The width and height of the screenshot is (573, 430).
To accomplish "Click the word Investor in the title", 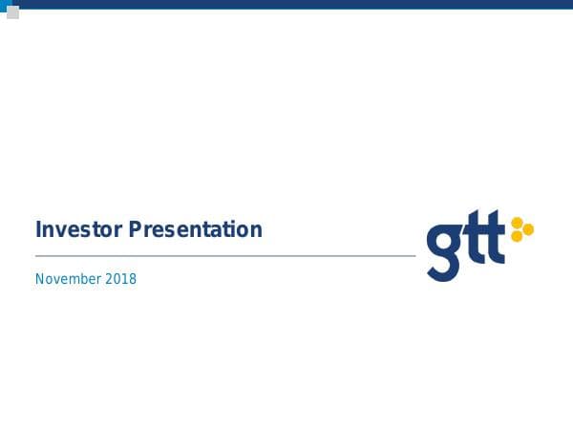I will (x=79, y=230).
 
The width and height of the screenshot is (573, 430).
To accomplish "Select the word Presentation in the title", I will (x=195, y=230).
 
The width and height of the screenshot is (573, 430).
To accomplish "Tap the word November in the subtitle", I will (x=68, y=279).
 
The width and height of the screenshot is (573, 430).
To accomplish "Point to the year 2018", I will (x=120, y=279).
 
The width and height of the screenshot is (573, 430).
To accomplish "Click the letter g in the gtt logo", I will (x=444, y=251).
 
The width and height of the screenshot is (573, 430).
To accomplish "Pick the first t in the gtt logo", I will (x=474, y=245).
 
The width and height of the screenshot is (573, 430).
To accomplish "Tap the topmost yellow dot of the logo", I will (x=517, y=223).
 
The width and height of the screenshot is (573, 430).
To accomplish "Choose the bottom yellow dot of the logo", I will (x=517, y=236).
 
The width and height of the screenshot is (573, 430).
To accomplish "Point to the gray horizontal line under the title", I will (x=225, y=256).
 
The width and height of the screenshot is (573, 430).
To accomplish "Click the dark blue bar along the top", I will (x=286, y=4).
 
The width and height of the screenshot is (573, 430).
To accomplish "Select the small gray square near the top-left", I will (x=12, y=12).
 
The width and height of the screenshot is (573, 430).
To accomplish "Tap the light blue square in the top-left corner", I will (x=4, y=4).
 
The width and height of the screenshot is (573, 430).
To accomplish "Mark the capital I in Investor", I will (x=38, y=230).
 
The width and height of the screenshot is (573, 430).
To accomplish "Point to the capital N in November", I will (x=40, y=279).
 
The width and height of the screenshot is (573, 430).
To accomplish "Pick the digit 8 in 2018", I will (x=133, y=279).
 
